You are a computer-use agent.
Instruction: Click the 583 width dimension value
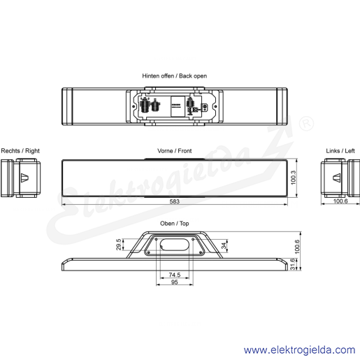(x=174, y=201)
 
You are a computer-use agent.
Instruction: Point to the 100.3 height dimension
(x=294, y=178)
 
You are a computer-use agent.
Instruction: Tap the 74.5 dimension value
(x=175, y=275)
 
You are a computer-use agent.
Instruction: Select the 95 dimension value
(x=175, y=282)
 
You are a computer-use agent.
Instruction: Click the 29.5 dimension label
(x=119, y=244)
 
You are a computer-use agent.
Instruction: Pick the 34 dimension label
(x=224, y=245)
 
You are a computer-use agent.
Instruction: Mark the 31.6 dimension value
(x=293, y=264)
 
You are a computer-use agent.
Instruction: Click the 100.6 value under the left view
(x=340, y=201)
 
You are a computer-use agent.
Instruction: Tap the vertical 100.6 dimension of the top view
(x=297, y=247)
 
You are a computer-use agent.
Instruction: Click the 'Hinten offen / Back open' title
(x=175, y=76)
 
